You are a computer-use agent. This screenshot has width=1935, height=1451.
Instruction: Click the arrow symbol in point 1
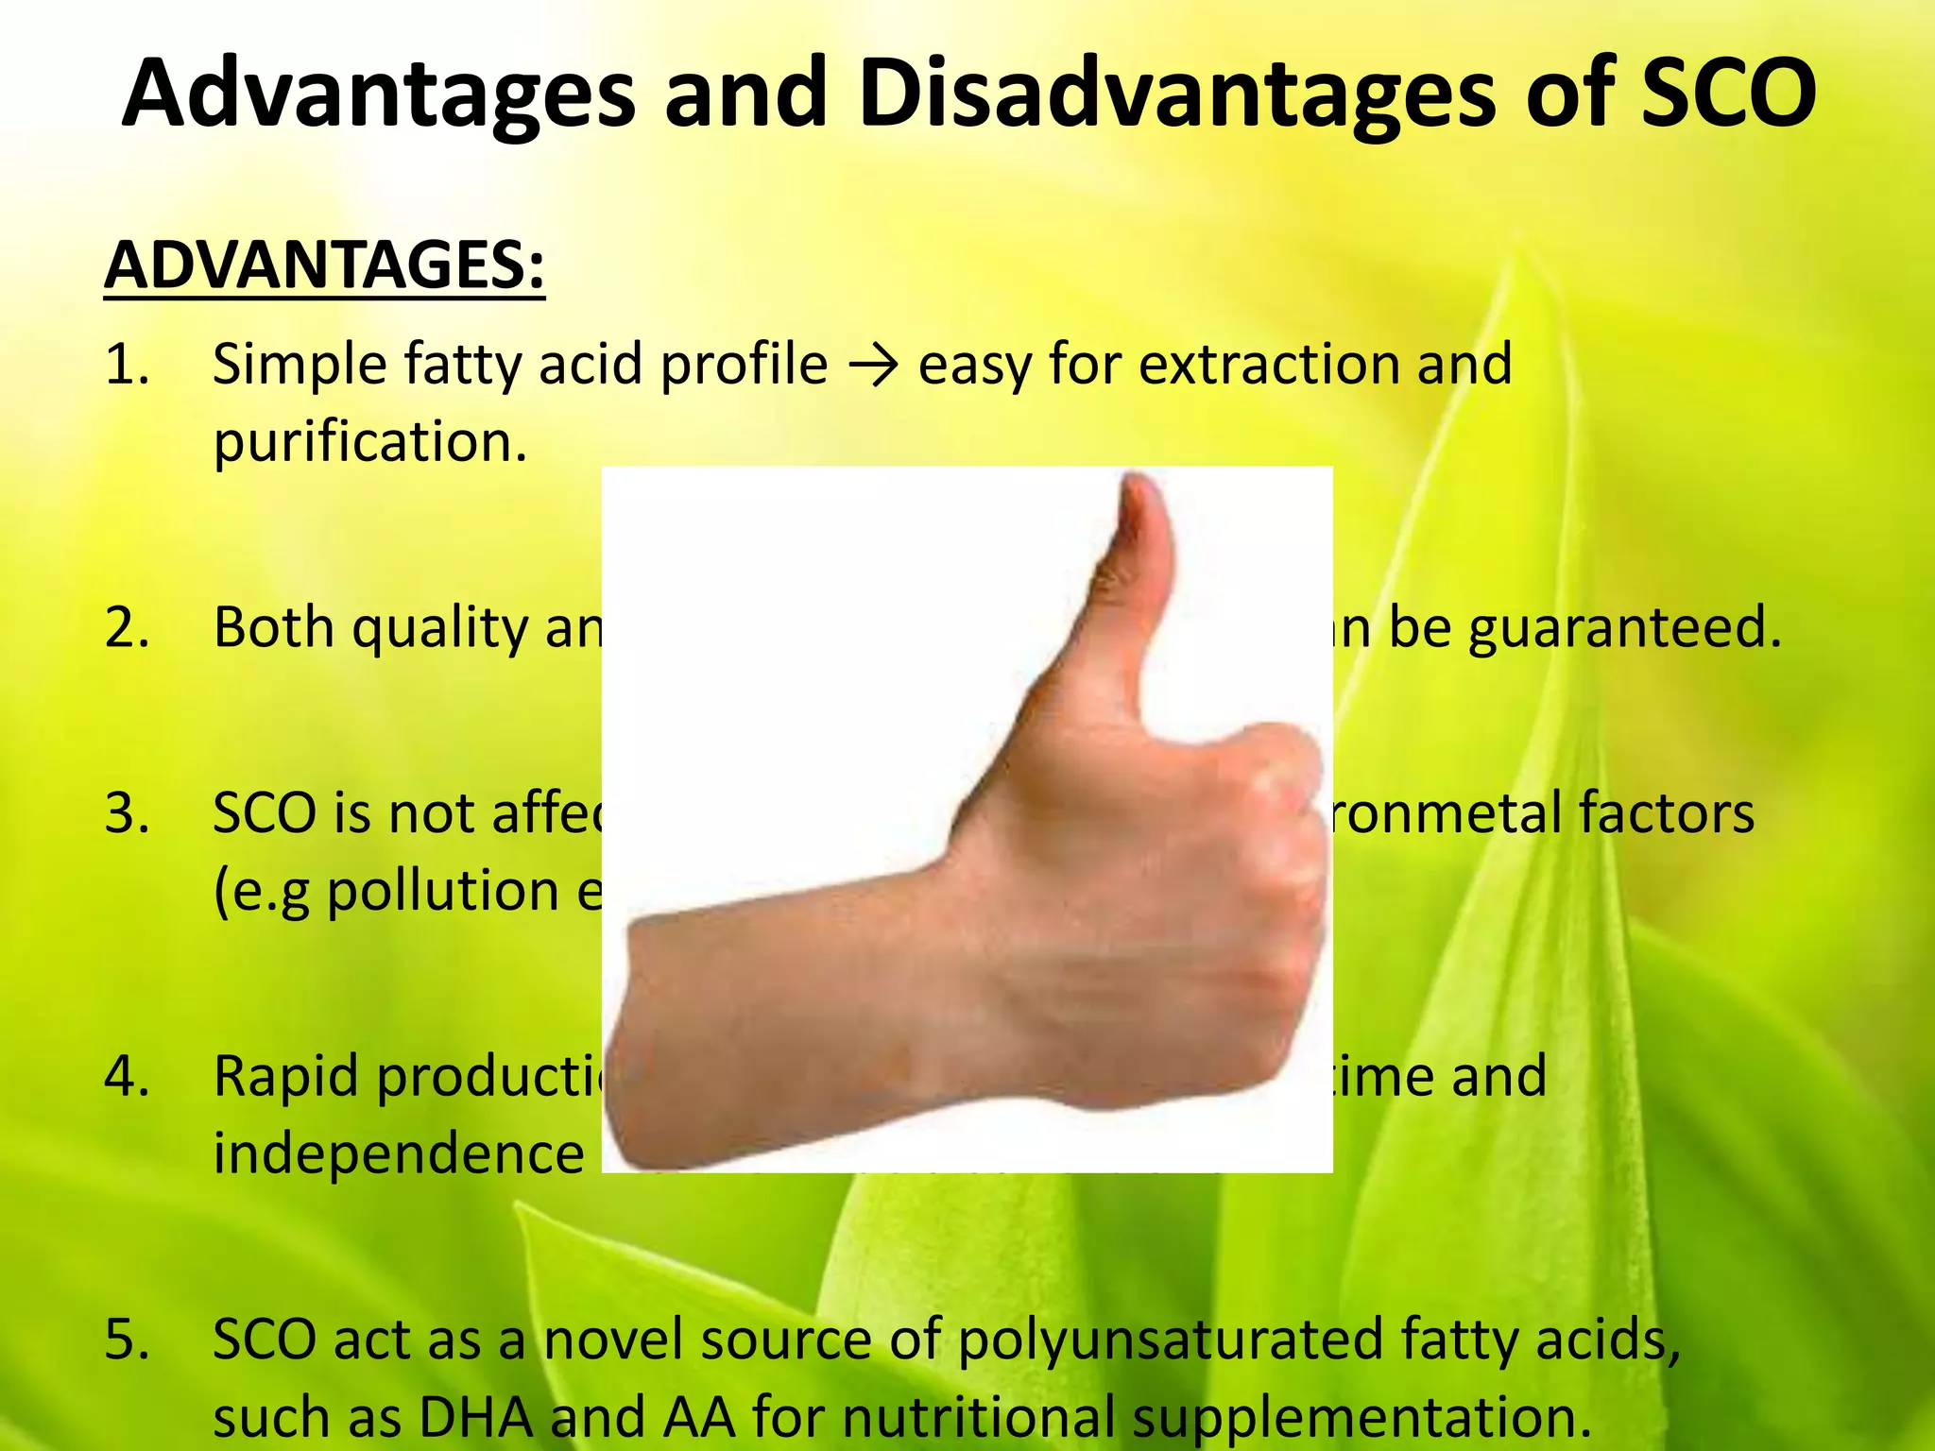coord(873,367)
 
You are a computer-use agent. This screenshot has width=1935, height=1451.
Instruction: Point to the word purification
coord(369,442)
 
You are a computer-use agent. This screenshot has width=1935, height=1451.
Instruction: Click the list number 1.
coord(128,365)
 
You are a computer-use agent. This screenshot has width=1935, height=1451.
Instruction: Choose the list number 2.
coord(128,627)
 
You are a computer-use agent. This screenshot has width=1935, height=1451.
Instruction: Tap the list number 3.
coord(128,813)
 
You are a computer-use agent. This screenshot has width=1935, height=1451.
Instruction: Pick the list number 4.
coord(128,1076)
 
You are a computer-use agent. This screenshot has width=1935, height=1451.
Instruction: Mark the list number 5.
coord(128,1340)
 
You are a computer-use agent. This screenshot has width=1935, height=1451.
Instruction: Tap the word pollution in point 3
coord(443,891)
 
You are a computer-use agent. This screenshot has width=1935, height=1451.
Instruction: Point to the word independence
coord(399,1153)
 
